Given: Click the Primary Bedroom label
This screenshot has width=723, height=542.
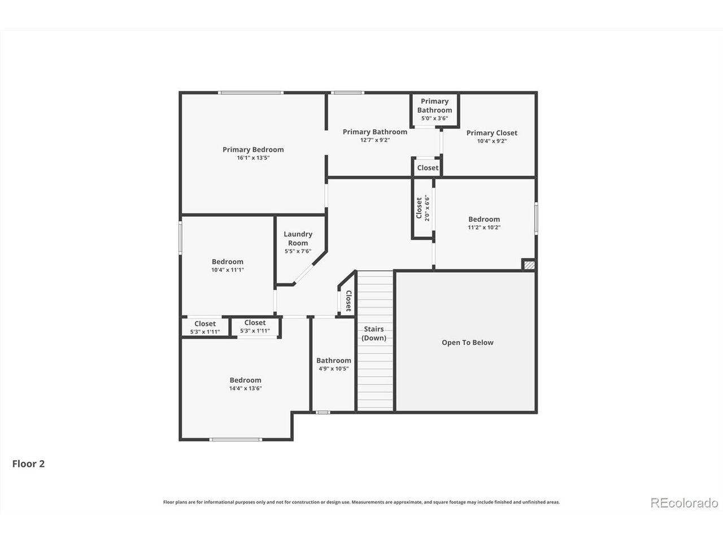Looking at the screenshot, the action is coord(253,150).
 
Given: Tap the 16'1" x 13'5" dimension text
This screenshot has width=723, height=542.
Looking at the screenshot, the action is coord(253,158).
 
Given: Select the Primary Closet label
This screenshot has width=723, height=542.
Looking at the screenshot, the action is coord(491,133).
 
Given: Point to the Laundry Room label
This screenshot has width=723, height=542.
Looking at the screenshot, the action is coord(298,239).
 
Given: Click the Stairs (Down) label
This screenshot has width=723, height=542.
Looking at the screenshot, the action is coord(373,333).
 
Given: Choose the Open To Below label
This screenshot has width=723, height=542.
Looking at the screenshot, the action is coord(467,343).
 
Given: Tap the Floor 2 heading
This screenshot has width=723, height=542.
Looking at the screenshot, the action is coord(28,464).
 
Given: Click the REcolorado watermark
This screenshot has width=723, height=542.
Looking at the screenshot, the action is coord(685,503).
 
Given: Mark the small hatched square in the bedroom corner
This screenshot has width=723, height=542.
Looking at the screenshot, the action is coord(529,265).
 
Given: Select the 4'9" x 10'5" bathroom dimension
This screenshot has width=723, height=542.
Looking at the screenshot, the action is coord(333,369).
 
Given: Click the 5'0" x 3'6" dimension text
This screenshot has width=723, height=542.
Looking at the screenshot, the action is coord(434,119).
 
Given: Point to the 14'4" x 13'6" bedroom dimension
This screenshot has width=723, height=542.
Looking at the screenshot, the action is coord(245,388).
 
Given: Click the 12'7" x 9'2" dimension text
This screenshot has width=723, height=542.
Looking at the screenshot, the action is coord(375,140).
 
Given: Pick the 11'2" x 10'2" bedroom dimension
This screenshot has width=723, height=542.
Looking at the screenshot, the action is coord(484,228).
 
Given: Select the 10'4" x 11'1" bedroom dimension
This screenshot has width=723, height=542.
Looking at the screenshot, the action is coord(227,270).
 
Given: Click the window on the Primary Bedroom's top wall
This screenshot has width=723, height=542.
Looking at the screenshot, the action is coord(251,93).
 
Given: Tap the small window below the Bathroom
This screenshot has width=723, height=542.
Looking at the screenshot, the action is coord(323,412).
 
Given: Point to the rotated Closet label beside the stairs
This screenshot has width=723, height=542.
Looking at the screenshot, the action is coord(348,300).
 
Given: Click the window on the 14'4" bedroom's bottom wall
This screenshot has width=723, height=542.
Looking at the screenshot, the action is coord(236,440).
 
